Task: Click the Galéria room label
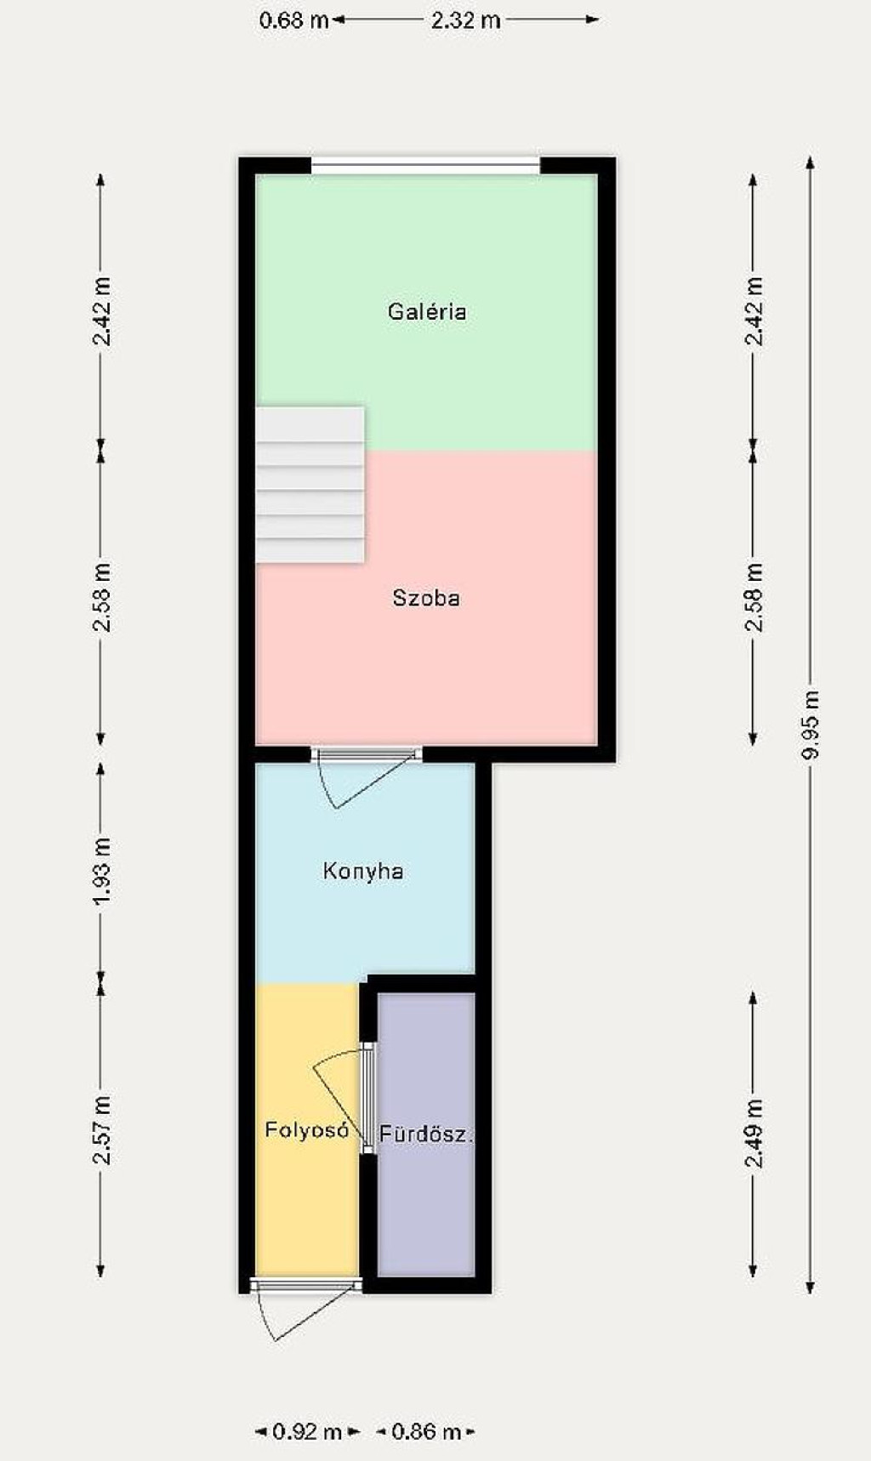(x=427, y=311)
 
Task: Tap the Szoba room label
(x=426, y=598)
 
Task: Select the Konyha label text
(x=363, y=871)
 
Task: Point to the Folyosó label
(x=307, y=1130)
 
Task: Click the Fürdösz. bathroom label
(x=425, y=1134)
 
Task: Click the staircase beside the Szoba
(x=310, y=485)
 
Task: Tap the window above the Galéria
(x=425, y=166)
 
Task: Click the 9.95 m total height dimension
(x=811, y=725)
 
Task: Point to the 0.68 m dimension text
(x=294, y=20)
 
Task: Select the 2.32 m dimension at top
(x=465, y=20)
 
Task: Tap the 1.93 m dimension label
(x=101, y=872)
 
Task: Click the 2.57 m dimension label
(x=101, y=1131)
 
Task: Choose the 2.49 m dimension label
(x=754, y=1134)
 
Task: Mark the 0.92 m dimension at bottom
(x=307, y=1432)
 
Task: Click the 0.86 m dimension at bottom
(x=426, y=1432)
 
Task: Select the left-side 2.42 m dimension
(x=101, y=311)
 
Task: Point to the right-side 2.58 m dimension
(x=754, y=598)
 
